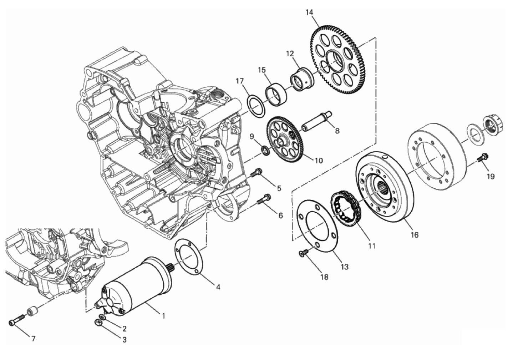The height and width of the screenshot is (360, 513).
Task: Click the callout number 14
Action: tap(309, 12)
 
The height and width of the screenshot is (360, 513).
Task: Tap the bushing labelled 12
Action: tap(302, 79)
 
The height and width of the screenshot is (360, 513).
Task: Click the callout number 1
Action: tap(163, 316)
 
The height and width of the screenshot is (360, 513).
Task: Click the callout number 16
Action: tap(415, 235)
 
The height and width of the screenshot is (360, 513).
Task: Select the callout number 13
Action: tap(345, 267)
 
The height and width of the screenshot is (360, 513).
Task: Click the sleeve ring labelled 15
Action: tap(276, 94)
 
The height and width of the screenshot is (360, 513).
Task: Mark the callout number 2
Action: tap(124, 329)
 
